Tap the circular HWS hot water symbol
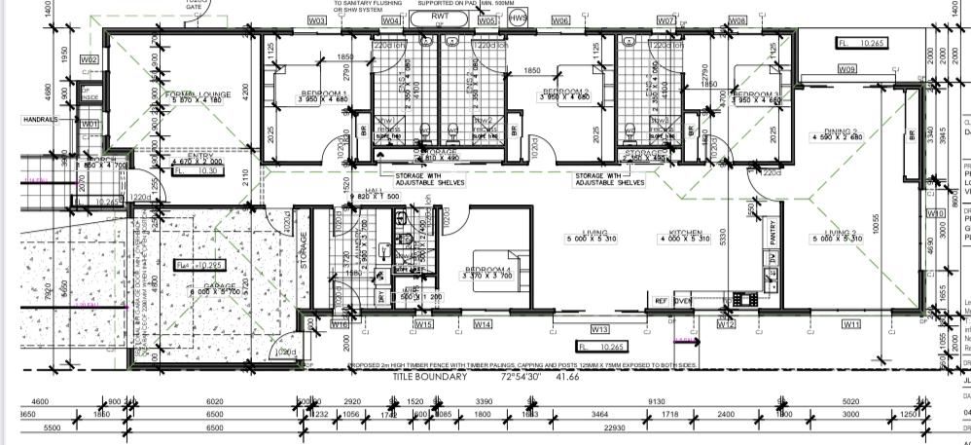tap(520, 18)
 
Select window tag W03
tap(317, 20)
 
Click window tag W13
tap(599, 329)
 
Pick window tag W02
tap(90, 59)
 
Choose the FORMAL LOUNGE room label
tap(202, 94)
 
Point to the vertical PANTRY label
tap(771, 233)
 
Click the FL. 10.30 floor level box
tap(198, 170)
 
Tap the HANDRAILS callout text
tap(40, 119)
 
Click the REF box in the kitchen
tap(661, 301)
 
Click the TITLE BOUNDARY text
tap(431, 376)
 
